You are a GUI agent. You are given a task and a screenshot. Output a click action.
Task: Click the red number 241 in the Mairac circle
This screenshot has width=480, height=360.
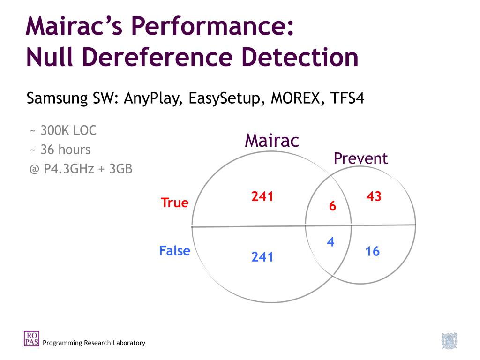[x=262, y=197]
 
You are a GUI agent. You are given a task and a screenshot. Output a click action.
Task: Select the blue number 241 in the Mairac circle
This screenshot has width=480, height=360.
[x=262, y=257]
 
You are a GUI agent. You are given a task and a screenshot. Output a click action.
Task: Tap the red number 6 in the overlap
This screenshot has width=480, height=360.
[x=332, y=206]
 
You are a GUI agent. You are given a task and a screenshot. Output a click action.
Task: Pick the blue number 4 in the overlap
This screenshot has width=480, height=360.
[x=330, y=242]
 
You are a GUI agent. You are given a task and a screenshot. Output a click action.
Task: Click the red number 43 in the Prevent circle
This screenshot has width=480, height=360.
[x=374, y=197]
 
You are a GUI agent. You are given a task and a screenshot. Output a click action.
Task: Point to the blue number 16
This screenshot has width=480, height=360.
[x=372, y=252]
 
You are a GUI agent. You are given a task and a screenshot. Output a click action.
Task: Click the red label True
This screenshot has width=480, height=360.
[x=174, y=203]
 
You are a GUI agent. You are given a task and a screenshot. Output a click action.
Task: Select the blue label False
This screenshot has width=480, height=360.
[x=174, y=251]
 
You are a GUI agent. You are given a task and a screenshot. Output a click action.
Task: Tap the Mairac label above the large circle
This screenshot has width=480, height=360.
[x=272, y=141]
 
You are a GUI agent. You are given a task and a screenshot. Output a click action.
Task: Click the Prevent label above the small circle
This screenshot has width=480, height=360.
[x=360, y=158]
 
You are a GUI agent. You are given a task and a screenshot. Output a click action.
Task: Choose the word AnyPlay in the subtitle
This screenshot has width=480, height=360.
[x=153, y=99]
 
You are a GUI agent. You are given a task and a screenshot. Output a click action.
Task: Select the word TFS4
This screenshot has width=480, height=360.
[x=347, y=99]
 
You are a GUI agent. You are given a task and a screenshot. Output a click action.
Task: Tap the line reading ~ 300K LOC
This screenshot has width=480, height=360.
[x=63, y=130]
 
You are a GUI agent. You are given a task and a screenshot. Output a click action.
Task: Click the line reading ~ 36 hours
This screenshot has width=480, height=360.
[x=60, y=150]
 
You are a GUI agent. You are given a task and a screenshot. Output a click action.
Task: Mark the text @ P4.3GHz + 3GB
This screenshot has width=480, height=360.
[x=81, y=168]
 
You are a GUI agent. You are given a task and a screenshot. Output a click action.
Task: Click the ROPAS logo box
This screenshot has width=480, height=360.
[x=31, y=338]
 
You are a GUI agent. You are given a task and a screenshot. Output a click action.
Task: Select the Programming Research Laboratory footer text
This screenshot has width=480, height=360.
[x=94, y=343]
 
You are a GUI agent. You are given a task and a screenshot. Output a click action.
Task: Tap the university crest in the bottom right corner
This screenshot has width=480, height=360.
[x=449, y=341]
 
